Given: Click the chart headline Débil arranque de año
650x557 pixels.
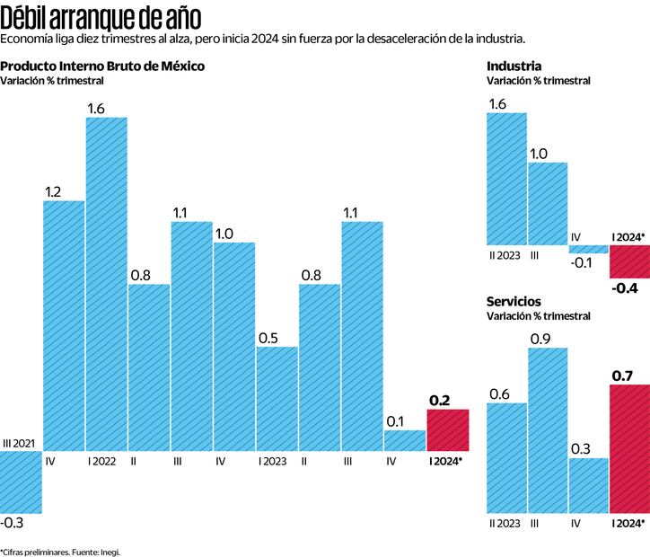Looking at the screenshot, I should click(101, 17).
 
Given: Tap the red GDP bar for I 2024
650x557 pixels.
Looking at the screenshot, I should click(448, 429).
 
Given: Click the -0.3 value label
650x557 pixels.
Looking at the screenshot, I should click(13, 522).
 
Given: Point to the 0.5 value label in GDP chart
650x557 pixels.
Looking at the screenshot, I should click(268, 338).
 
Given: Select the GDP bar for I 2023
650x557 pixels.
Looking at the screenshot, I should click(277, 398).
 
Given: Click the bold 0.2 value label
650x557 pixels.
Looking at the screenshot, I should click(440, 401).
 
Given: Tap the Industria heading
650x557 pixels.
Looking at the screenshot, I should click(514, 66).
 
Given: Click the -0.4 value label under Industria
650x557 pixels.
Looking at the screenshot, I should click(625, 287).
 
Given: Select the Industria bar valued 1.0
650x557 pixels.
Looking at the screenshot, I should click(548, 203).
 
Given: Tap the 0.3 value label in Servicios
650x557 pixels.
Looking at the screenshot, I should click(582, 448).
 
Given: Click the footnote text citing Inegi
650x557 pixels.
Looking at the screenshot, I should click(60, 552).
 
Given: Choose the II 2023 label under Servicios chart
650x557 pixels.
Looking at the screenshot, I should click(505, 522).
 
